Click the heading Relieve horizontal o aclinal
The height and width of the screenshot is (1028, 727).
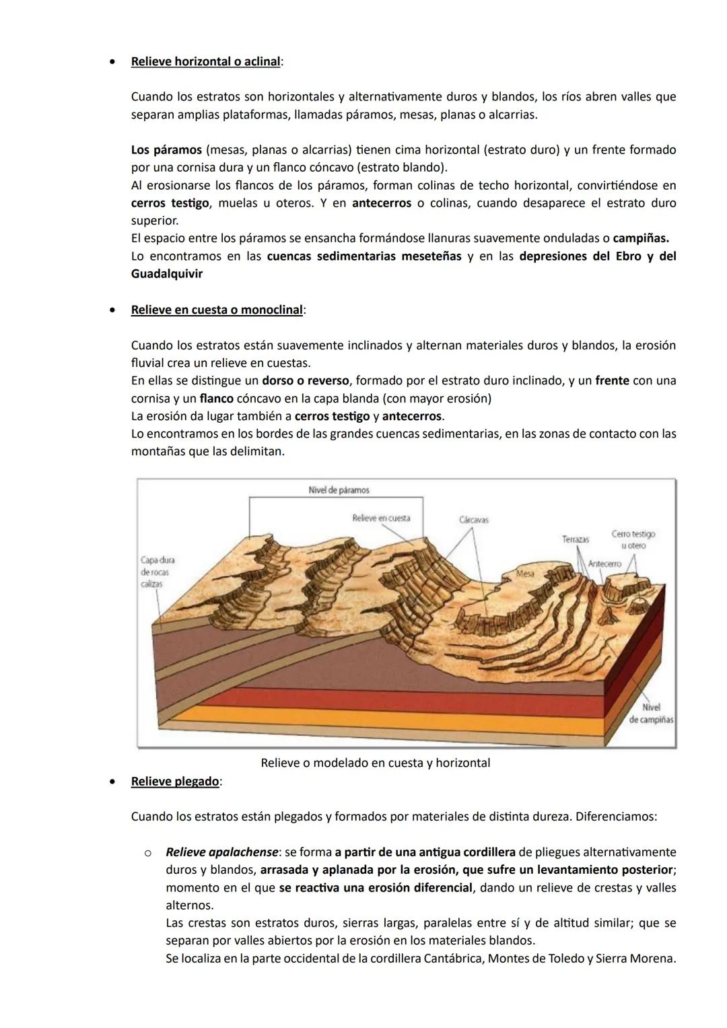[x=205, y=61]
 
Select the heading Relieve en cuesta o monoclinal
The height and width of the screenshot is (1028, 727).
[x=217, y=310]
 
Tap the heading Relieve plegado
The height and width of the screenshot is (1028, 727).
[x=175, y=781]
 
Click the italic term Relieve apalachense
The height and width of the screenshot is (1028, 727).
[x=221, y=852]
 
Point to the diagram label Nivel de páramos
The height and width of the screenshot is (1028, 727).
[x=339, y=490]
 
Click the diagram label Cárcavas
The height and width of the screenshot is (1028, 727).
[x=473, y=520]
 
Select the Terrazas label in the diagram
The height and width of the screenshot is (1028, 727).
[x=576, y=539]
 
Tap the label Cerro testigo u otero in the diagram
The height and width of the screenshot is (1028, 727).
[x=633, y=539]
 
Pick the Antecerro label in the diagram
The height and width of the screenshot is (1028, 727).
[x=604, y=563]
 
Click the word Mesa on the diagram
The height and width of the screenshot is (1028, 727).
[x=525, y=574]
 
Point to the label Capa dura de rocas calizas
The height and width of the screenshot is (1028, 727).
[x=157, y=572]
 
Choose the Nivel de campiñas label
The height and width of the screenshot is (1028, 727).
[x=651, y=714]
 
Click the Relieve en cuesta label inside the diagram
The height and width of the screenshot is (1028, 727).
[x=380, y=518]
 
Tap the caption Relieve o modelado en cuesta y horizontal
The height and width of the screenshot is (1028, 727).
[x=375, y=763]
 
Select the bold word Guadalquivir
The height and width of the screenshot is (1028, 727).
[x=166, y=274]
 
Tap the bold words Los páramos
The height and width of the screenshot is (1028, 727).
[x=166, y=149]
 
